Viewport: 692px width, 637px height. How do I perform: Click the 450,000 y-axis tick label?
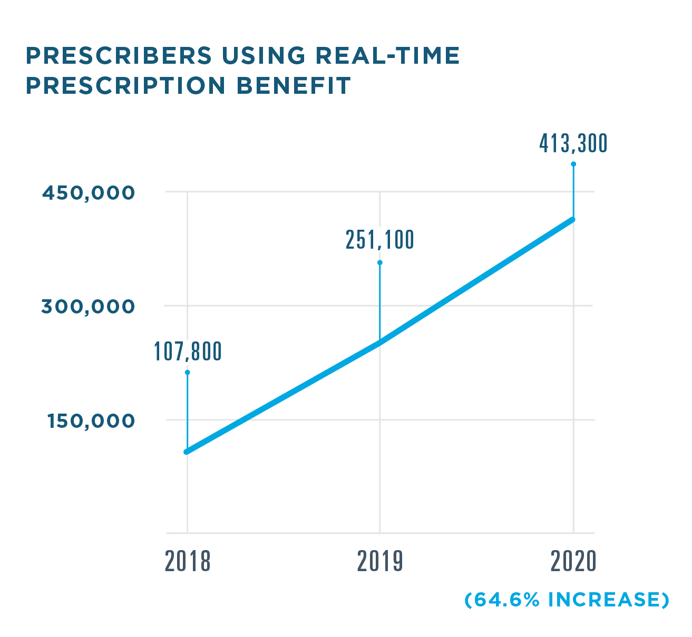pyautogui.click(x=89, y=193)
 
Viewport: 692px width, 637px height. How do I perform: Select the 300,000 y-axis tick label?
pyautogui.click(x=89, y=307)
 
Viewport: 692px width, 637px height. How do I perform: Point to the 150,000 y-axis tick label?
pyautogui.click(x=91, y=421)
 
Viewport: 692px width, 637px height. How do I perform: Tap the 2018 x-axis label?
pyautogui.click(x=188, y=562)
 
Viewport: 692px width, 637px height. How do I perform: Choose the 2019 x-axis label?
pyautogui.click(x=380, y=562)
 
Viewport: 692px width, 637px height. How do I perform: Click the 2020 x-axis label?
pyautogui.click(x=573, y=562)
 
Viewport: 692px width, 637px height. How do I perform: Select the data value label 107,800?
pyautogui.click(x=188, y=352)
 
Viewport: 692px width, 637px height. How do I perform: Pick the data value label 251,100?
pyautogui.click(x=380, y=240)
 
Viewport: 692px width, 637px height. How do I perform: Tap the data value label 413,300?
pyautogui.click(x=573, y=143)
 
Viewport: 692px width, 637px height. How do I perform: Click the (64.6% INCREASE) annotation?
pyautogui.click(x=567, y=600)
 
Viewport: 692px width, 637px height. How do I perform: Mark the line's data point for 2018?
pyautogui.click(x=187, y=452)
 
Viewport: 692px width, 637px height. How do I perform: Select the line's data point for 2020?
pyautogui.click(x=573, y=220)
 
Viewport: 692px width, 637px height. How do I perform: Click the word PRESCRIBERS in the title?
pyautogui.click(x=119, y=56)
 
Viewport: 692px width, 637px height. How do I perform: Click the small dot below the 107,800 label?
pyautogui.click(x=187, y=373)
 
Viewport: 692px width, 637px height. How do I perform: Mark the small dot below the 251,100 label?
pyautogui.click(x=380, y=262)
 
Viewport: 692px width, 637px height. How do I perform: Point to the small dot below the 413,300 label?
pyautogui.click(x=573, y=164)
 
